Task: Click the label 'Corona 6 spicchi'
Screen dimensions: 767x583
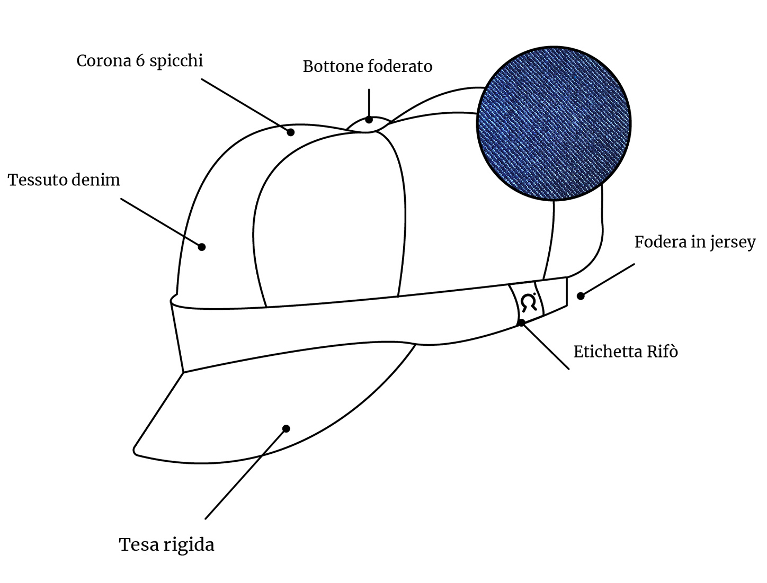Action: click(139, 61)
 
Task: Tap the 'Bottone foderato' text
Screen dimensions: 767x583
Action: click(367, 66)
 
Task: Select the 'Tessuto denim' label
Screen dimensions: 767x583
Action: click(64, 180)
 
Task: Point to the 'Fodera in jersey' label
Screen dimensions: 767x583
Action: click(694, 242)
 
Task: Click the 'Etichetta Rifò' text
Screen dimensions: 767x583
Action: click(626, 352)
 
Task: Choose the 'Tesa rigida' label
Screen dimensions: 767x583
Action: click(166, 544)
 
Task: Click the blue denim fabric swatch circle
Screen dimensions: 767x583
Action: click(554, 123)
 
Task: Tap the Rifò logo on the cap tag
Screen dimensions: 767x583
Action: click(529, 302)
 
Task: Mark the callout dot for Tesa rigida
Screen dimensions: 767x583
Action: click(286, 428)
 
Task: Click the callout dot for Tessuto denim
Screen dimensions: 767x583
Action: click(202, 247)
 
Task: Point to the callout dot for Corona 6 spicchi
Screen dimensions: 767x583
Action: click(290, 132)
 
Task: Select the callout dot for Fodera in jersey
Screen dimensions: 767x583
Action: click(581, 296)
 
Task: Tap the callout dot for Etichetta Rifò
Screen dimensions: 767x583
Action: click(521, 323)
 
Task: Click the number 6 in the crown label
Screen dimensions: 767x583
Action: click(140, 60)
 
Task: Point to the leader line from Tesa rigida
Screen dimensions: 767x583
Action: click(246, 474)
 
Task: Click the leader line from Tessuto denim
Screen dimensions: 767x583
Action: click(161, 223)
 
